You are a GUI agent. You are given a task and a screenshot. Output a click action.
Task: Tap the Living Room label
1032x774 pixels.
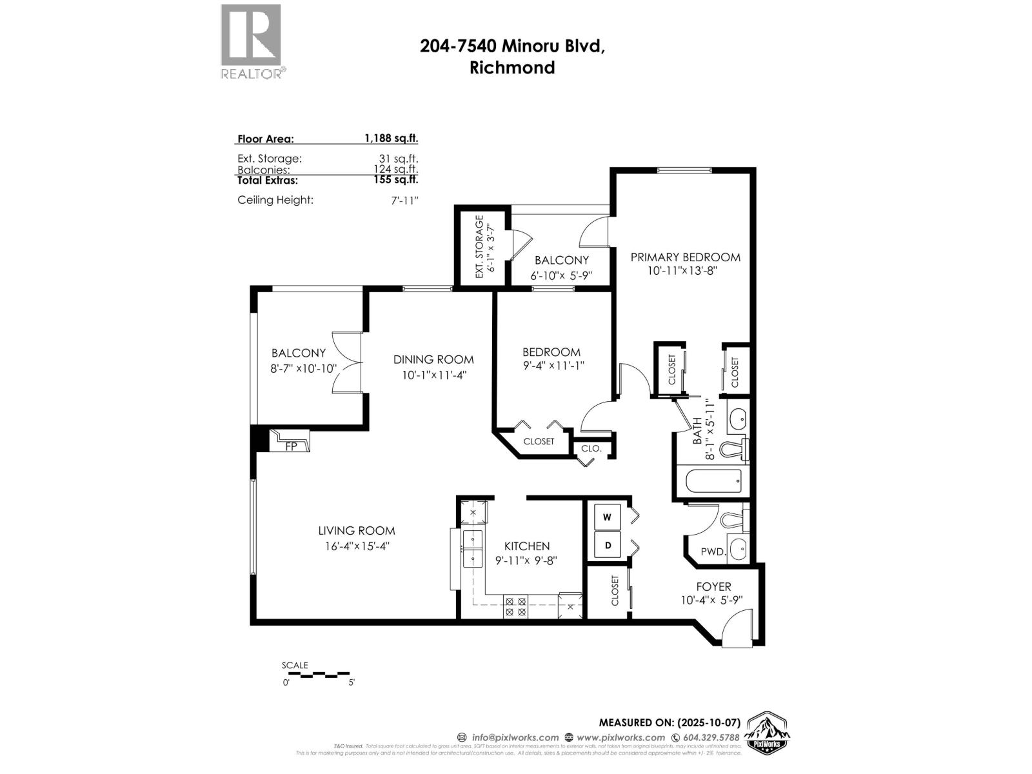tap(356, 531)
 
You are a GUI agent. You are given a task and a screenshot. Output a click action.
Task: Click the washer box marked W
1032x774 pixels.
tap(607, 517)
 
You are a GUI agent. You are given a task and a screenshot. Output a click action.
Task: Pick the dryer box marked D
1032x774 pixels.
tap(607, 546)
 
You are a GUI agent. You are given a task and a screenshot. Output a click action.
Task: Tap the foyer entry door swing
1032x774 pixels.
tap(739, 629)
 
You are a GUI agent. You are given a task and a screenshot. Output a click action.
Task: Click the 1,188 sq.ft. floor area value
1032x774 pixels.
tap(391, 138)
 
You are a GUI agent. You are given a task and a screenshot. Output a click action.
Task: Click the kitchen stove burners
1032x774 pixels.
tap(515, 606)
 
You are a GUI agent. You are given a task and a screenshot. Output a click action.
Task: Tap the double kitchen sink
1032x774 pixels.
tap(473, 548)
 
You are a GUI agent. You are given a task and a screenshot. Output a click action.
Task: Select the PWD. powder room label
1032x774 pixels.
tap(713, 552)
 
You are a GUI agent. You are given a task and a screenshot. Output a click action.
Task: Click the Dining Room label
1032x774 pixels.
tap(433, 360)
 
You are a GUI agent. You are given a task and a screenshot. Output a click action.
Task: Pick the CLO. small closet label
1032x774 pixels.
tap(591, 448)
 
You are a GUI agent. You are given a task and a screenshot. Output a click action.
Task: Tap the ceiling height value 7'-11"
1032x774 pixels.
tap(404, 200)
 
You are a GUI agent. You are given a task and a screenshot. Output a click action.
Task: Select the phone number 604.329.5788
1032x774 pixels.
tap(711, 737)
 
